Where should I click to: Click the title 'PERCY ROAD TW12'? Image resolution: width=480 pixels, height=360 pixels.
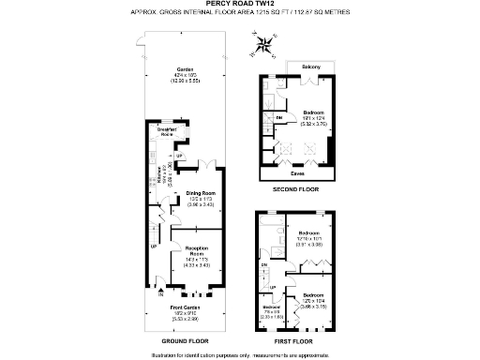(x=239, y=4)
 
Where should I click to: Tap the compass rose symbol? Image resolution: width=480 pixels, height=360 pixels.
(x=264, y=41)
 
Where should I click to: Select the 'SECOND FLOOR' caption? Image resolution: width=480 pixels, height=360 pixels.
(x=297, y=189)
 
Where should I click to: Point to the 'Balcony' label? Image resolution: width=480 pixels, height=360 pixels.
(x=311, y=67)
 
